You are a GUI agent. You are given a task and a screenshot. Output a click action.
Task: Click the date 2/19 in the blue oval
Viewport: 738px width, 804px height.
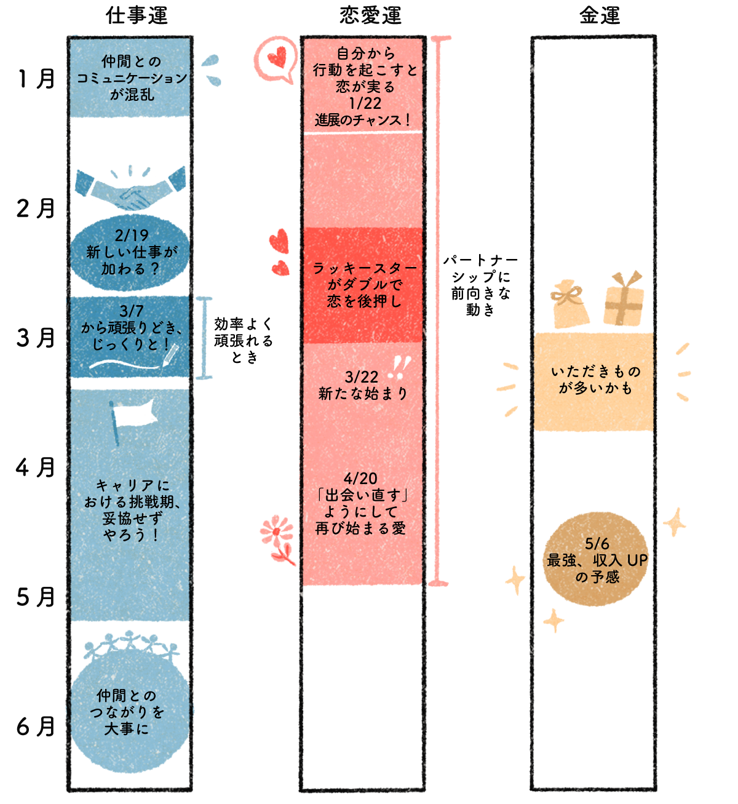click(x=131, y=236)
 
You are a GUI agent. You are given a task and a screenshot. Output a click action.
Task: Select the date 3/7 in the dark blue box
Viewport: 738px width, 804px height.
click(x=132, y=312)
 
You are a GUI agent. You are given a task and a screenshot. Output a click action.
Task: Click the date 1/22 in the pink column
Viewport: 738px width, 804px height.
click(x=364, y=103)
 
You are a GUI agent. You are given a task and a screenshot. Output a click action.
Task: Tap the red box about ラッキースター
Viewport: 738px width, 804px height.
click(x=363, y=285)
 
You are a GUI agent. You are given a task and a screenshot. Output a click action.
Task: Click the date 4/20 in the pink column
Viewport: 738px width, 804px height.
click(x=360, y=479)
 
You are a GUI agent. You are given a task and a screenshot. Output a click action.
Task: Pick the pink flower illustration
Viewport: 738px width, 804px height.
click(x=278, y=539)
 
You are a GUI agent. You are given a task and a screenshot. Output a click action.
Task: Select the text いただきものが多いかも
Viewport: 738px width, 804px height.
click(x=595, y=380)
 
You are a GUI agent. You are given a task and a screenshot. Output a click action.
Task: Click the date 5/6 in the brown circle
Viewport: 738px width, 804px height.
click(x=597, y=544)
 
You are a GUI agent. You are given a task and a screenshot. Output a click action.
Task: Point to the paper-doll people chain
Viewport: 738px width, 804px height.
click(x=131, y=645)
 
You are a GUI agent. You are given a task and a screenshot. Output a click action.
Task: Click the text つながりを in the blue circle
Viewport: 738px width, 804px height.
click(x=127, y=712)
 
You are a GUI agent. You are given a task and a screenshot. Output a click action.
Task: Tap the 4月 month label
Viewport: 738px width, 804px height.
click(x=36, y=468)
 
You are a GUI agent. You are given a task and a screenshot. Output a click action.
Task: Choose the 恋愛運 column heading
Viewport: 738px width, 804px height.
click(x=370, y=15)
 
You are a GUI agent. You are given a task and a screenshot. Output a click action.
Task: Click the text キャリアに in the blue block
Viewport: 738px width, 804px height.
click(x=132, y=486)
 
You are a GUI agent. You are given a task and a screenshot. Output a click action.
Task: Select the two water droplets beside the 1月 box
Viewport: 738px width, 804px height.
click(x=211, y=70)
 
